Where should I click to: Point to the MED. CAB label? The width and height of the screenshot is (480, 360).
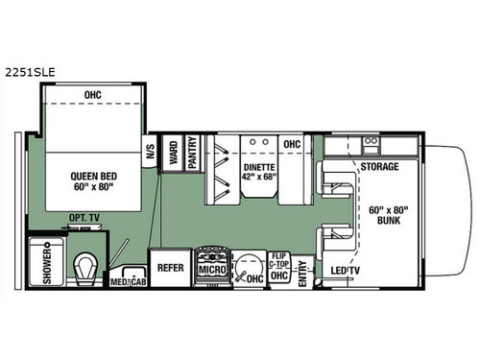[126, 282]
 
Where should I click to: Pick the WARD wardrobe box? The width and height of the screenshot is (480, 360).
[173, 155]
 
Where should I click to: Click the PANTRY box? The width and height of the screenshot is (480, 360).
[192, 155]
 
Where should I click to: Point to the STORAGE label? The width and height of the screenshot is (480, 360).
[379, 167]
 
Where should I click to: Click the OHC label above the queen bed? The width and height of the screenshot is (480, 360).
[93, 94]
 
